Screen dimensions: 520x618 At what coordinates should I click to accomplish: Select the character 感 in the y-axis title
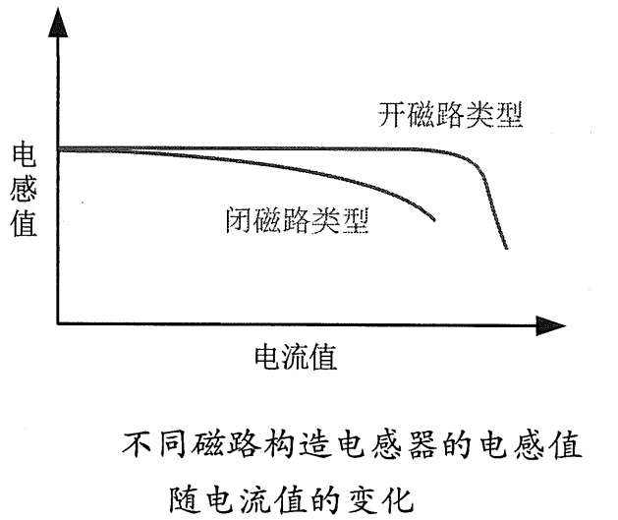23,190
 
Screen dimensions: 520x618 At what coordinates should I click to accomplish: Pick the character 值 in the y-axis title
23,224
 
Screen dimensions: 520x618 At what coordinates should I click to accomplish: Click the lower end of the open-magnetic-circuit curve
506,248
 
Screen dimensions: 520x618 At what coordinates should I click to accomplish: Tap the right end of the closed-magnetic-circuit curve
434,221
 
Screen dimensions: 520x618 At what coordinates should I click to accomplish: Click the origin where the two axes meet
58,323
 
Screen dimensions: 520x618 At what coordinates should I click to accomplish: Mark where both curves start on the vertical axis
59,149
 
